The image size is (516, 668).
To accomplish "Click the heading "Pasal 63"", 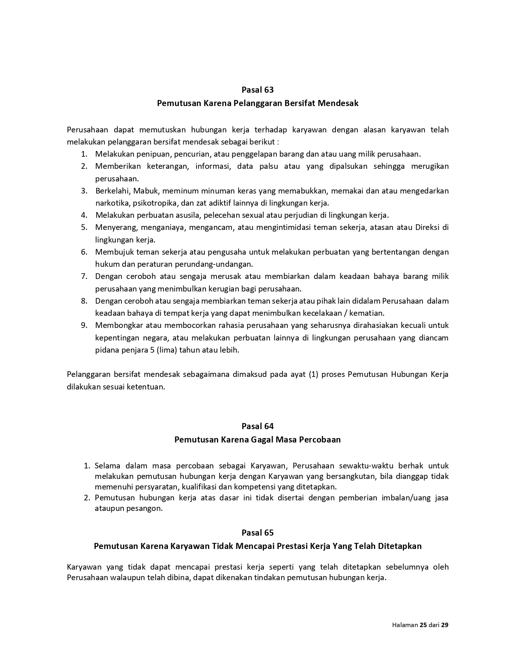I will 257,89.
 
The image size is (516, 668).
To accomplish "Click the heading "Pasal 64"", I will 257,426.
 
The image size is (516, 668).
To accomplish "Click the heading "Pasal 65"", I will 257,532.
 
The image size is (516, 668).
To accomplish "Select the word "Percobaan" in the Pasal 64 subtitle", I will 320,439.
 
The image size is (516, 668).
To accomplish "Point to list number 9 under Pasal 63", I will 84,325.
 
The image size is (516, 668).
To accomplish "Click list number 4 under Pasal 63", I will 84,215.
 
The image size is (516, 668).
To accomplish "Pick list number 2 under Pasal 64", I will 87,498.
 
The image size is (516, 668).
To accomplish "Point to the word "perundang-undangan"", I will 219,264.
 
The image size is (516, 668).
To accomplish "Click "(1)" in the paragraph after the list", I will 314,374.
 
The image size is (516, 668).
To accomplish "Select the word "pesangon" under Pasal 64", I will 146,508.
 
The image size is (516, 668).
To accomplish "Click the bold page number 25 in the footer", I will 423,625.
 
